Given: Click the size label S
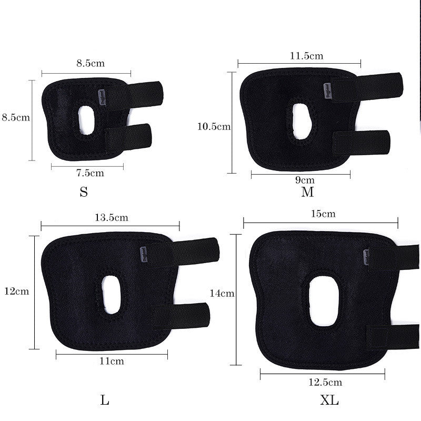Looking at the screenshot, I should [x=84, y=192].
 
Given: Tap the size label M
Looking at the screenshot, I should [x=307, y=192].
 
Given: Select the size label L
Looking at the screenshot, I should [x=105, y=400].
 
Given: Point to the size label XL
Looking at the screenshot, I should [x=330, y=400].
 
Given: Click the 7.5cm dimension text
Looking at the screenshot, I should [x=90, y=173].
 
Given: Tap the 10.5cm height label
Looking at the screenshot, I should [x=214, y=126].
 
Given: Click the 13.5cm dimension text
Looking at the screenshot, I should [x=111, y=217].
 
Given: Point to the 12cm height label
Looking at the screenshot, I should [x=16, y=291].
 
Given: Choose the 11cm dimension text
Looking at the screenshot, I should [x=112, y=361].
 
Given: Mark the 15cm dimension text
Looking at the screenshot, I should [x=323, y=214].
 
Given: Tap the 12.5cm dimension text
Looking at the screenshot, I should [x=325, y=382].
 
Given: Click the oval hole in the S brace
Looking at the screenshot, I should [x=86, y=119].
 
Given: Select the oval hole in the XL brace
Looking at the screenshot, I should [x=323, y=301].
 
